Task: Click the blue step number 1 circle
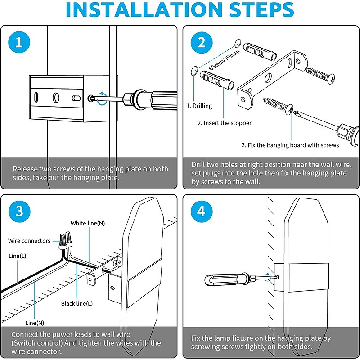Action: (19, 42)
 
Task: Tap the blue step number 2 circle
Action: (202, 42)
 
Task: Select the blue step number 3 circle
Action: (19, 211)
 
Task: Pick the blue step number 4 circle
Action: (201, 211)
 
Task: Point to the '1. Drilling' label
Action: (199, 106)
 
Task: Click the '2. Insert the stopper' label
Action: (224, 123)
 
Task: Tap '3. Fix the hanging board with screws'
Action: (290, 145)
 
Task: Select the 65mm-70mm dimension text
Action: (224, 60)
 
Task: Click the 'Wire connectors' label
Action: (29, 241)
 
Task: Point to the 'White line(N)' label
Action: (88, 223)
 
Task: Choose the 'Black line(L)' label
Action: (77, 303)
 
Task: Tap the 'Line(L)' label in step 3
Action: (18, 256)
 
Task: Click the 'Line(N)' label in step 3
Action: (35, 323)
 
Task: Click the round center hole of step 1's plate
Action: (56, 98)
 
